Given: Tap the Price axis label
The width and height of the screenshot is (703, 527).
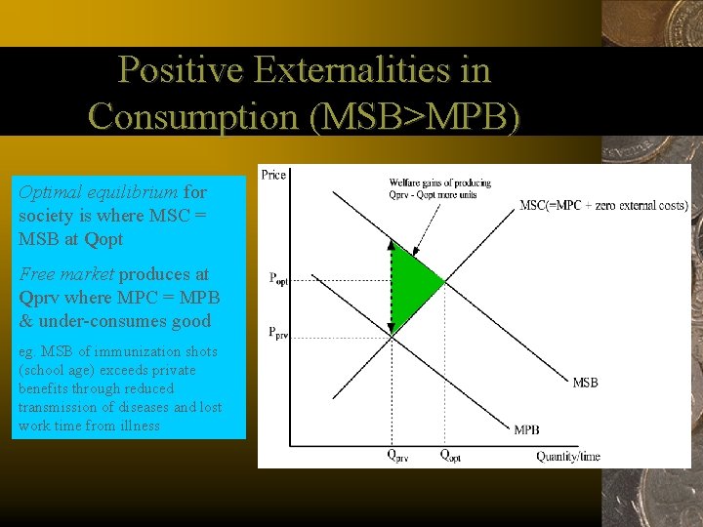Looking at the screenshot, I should click(273, 175).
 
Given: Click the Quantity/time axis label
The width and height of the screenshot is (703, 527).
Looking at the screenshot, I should click(568, 456).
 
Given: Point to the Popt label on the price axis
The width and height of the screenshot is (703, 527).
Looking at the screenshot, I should click(280, 278).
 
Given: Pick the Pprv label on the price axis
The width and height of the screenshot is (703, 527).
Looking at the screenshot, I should click(280, 332).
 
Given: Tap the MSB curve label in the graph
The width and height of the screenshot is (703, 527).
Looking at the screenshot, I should click(585, 383).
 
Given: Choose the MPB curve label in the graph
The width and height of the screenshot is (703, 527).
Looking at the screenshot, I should click(526, 429).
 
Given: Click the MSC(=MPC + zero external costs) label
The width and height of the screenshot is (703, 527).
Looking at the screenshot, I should click(603, 205).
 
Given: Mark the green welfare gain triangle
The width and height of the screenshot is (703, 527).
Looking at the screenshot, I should click(411, 286).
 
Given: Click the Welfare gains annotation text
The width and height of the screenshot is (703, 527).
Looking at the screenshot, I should click(439, 188).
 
